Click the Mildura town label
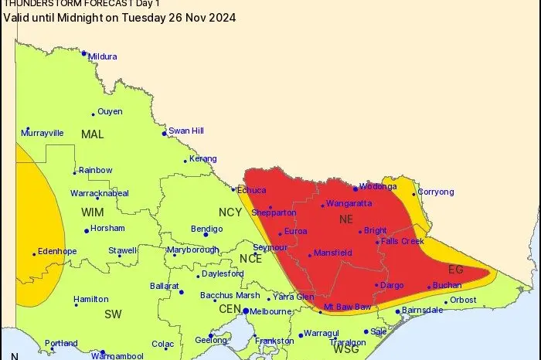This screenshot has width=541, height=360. (x=102, y=56)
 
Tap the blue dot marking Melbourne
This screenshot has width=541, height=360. (x=246, y=311)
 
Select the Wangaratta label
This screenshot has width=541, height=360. (x=349, y=203)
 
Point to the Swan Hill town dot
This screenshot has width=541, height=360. (x=164, y=134)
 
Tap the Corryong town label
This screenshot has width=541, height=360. (x=436, y=192)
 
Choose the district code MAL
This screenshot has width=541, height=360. (x=92, y=134)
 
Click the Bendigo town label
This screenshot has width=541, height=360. (x=206, y=229)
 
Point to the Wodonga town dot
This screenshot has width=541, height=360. (x=356, y=188)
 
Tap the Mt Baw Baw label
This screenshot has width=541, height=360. (x=347, y=307)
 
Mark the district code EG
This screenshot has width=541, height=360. (x=455, y=269)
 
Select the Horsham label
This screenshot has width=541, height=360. (x=107, y=229)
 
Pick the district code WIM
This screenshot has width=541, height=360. (x=93, y=210)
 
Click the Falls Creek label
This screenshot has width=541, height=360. (x=403, y=242)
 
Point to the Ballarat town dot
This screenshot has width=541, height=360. (x=182, y=292)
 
